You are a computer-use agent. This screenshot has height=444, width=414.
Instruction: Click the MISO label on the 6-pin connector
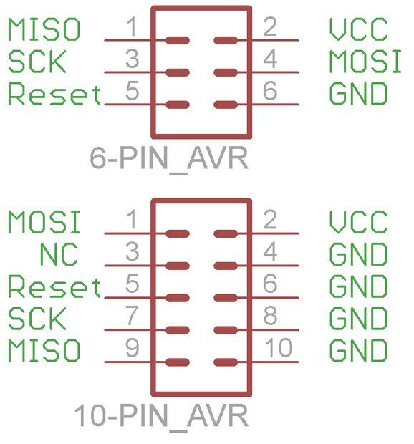tap(44, 29)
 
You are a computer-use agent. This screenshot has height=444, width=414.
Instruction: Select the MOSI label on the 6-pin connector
tap(365, 62)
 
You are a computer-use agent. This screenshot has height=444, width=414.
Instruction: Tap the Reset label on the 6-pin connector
tap(54, 93)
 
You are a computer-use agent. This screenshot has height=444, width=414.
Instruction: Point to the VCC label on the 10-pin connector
tap(359, 222)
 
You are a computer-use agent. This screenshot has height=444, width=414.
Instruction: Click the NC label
tap(59, 254)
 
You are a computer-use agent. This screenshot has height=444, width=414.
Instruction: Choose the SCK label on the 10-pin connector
tap(37, 319)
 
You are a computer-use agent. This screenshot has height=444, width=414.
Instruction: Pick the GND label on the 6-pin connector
tap(359, 93)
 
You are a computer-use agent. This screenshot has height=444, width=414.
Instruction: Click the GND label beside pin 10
tap(359, 351)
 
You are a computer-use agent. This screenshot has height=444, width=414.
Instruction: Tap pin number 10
tap(279, 347)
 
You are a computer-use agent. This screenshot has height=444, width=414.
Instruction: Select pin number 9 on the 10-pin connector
tap(133, 347)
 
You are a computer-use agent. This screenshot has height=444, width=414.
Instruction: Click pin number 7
tap(133, 315)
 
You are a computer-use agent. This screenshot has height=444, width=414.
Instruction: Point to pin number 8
tap(270, 315)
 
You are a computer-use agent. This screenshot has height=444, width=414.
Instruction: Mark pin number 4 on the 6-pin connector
tap(270, 59)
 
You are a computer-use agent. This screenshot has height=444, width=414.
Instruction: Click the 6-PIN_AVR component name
tap(169, 158)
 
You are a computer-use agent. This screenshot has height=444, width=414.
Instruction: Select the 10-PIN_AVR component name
tap(161, 415)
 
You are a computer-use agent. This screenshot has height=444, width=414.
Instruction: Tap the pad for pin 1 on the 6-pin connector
tap(178, 41)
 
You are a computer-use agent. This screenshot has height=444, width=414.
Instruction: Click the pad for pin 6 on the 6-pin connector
tap(226, 105)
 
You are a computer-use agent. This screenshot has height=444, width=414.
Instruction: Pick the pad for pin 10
tap(226, 362)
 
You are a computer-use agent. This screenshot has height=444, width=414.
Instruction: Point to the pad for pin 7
tap(178, 330)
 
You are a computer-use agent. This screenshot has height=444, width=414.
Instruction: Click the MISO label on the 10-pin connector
tap(44, 351)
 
